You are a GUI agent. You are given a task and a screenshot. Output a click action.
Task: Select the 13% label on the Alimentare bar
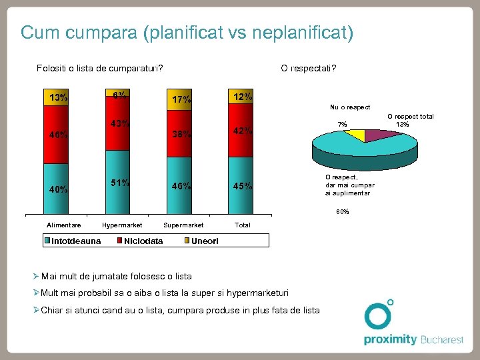click(59, 98)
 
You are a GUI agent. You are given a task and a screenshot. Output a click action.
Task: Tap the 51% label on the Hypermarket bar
click(121, 183)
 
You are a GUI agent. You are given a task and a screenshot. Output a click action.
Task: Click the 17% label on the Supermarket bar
click(181, 100)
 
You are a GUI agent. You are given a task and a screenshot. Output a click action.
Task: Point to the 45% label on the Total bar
click(242, 186)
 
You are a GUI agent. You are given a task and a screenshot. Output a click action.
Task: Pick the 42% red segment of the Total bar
click(241, 131)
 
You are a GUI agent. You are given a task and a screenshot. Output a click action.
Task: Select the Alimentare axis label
click(64, 225)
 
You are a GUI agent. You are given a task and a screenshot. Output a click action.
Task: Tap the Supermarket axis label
click(183, 225)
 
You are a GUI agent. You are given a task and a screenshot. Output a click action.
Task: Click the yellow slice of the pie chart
click(355, 135)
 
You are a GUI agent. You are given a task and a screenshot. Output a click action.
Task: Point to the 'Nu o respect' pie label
click(350, 107)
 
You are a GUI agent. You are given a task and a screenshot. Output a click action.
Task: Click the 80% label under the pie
click(342, 212)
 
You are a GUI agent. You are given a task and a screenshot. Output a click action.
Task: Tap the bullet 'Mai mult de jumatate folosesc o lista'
click(116, 276)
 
